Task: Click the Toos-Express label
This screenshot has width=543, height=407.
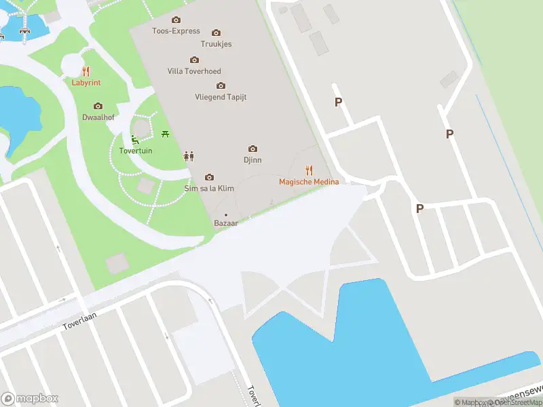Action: pyautogui.click(x=176, y=31)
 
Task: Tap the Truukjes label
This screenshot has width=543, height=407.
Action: pyautogui.click(x=216, y=44)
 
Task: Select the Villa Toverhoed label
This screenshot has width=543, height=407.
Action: pyautogui.click(x=194, y=71)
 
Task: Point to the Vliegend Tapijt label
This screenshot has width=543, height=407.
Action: pyautogui.click(x=221, y=97)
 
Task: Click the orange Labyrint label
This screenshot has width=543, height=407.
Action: pyautogui.click(x=86, y=83)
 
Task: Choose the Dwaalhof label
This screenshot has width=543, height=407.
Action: pyautogui.click(x=98, y=117)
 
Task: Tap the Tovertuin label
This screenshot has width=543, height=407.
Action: pyautogui.click(x=136, y=151)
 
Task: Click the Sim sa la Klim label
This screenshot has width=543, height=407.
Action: pyautogui.click(x=209, y=188)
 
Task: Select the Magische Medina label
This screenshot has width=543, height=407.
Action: pyautogui.click(x=309, y=182)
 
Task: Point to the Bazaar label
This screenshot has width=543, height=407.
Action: pyautogui.click(x=226, y=223)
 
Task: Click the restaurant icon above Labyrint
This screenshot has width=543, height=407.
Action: pyautogui.click(x=86, y=71)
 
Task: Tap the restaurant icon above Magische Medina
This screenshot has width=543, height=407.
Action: pyautogui.click(x=309, y=170)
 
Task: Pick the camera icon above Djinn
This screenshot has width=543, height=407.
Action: pyautogui.click(x=252, y=149)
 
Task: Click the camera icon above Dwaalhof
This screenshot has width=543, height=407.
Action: pyautogui.click(x=98, y=106)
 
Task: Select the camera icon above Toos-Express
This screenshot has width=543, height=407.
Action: pyautogui.click(x=176, y=20)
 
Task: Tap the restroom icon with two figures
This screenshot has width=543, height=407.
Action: pyautogui.click(x=189, y=157)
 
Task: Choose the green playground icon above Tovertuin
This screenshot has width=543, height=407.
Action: pyautogui.click(x=135, y=140)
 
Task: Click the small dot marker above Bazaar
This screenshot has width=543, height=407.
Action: pyautogui.click(x=226, y=215)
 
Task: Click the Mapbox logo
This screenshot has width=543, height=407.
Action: pyautogui.click(x=30, y=399)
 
